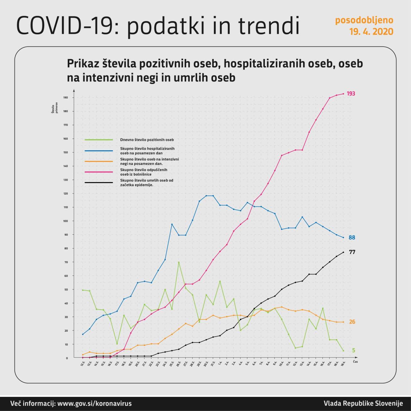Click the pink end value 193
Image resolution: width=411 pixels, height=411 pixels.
point(351,93)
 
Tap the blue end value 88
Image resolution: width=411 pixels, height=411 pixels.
point(352,238)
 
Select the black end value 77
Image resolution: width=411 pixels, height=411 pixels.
point(352,252)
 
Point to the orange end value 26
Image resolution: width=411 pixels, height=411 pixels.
point(352,322)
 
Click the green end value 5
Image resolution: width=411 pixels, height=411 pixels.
point(354,350)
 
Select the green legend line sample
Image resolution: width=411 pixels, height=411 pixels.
point(99,140)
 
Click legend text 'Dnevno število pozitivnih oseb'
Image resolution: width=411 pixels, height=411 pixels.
point(147,140)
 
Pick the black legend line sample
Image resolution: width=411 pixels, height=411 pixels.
point(99,182)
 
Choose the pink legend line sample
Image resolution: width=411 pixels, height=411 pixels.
point(99,172)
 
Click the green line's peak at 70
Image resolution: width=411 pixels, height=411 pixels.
point(179,262)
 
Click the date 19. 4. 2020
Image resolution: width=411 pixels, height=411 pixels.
point(371,32)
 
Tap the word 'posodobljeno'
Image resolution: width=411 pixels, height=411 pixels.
point(364,20)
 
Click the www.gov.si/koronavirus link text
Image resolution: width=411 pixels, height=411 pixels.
point(94,404)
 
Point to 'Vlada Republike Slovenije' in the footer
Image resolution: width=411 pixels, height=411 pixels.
point(363,404)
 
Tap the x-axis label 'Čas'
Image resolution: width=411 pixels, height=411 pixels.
point(355,362)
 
